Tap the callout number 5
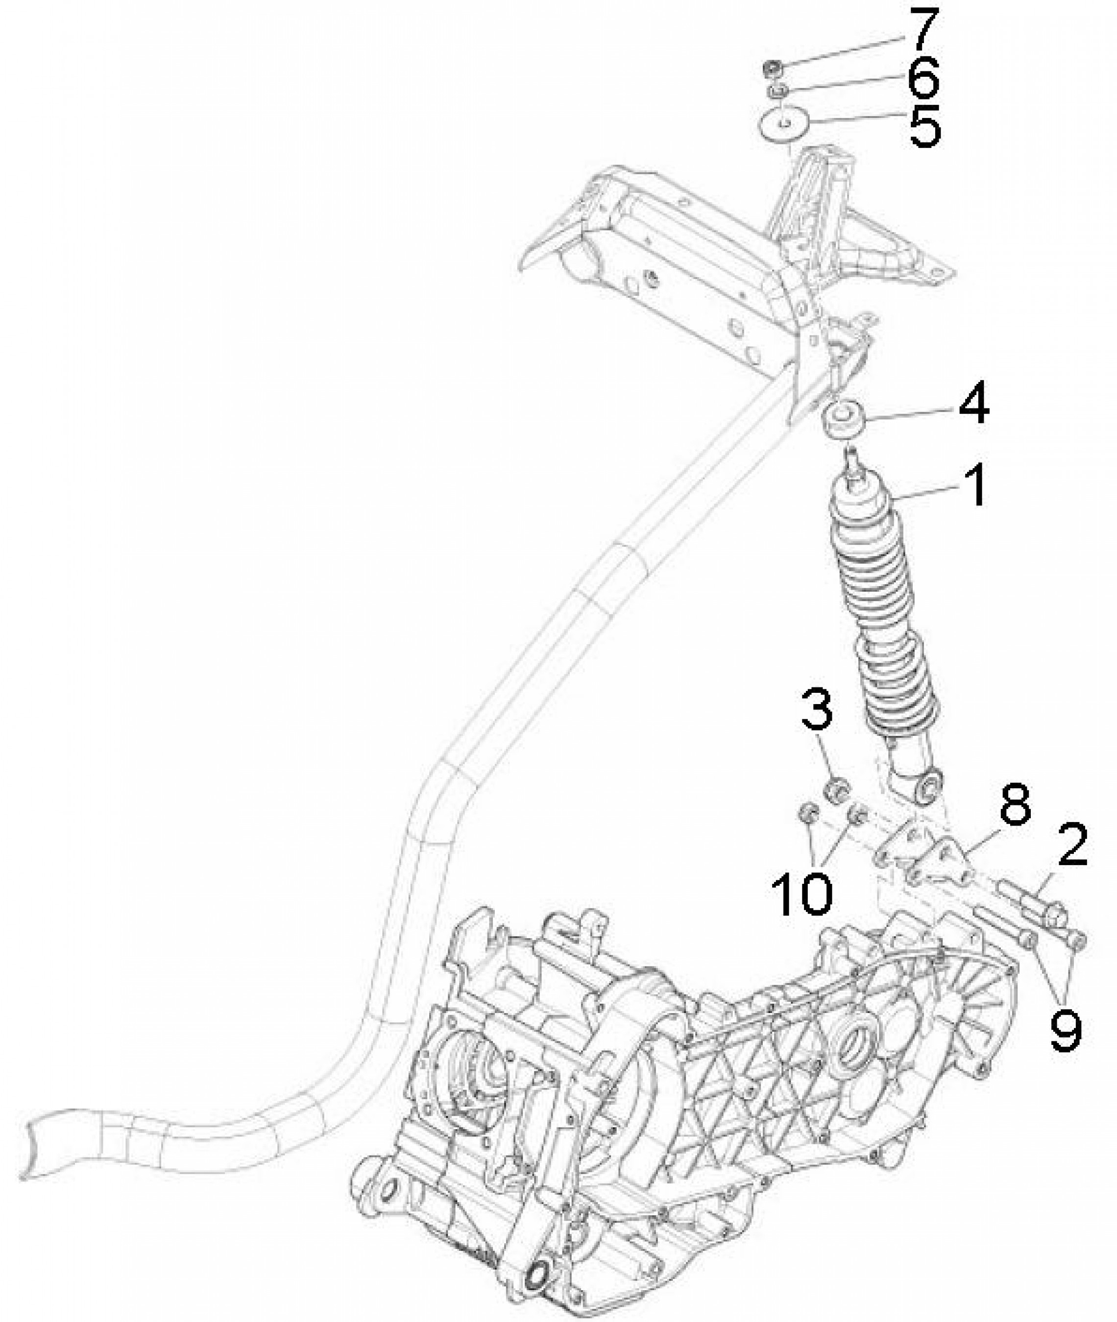[x=925, y=125]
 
